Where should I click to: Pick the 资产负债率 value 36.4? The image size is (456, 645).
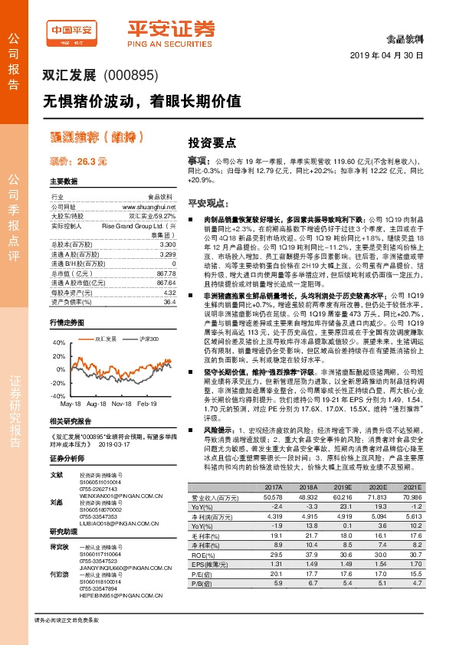(169, 302)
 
